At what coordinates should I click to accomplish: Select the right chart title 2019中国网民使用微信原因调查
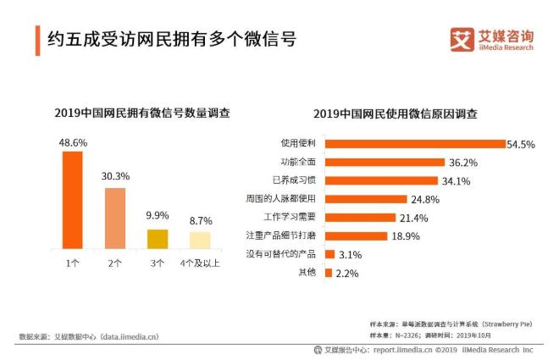[395, 114]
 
